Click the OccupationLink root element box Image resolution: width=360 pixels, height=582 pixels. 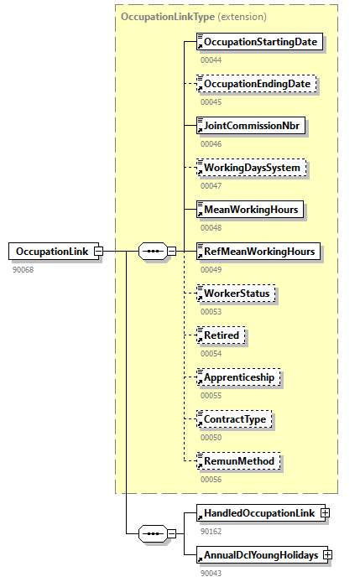point(51,251)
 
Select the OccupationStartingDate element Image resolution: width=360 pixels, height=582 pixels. point(259,42)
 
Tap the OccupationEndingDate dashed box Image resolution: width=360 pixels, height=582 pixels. point(257,84)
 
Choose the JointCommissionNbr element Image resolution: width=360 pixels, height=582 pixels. point(250,126)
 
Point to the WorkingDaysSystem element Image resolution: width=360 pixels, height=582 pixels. point(252,168)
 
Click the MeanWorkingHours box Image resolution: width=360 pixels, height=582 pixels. point(249,209)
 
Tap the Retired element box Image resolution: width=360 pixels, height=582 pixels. point(222,335)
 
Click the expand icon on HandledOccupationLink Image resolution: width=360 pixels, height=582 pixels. point(325,512)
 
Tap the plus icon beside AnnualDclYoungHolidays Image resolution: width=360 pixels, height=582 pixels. point(328,555)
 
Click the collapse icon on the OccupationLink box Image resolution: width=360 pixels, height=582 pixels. point(98,251)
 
